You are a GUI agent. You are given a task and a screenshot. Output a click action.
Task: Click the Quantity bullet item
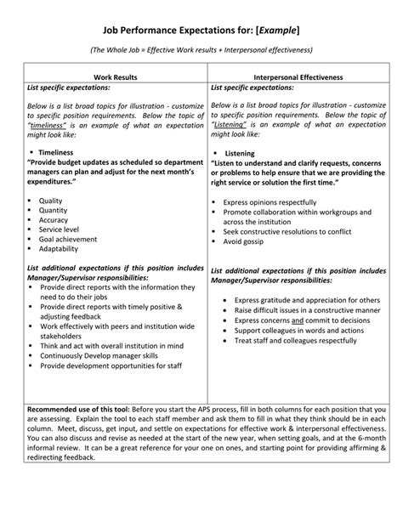[x=54, y=210]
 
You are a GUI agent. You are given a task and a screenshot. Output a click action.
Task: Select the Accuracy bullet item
[x=55, y=220]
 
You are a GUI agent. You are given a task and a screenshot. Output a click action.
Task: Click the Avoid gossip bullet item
[x=248, y=241]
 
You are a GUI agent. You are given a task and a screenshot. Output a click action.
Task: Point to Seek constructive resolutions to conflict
[x=287, y=230]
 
